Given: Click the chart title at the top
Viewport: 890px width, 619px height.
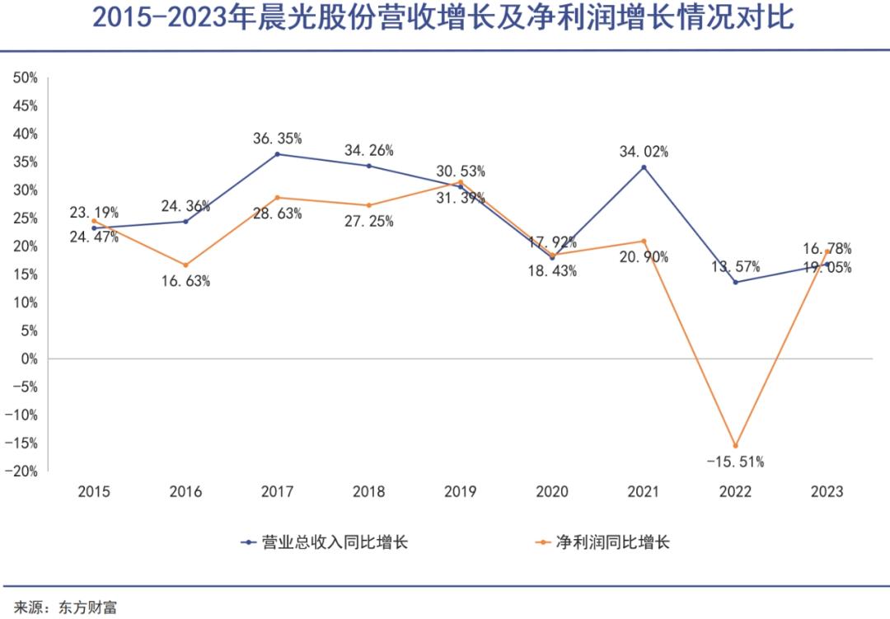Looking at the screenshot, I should pyautogui.click(x=443, y=18).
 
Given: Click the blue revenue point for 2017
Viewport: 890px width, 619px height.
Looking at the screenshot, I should pyautogui.click(x=277, y=154).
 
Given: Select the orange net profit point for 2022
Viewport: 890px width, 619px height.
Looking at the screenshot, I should pyautogui.click(x=735, y=446).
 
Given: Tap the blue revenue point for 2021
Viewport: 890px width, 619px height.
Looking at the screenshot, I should pyautogui.click(x=644, y=167).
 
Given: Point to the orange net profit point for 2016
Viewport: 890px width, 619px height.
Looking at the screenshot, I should pyautogui.click(x=185, y=265).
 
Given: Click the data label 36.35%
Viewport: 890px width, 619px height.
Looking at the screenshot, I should pyautogui.click(x=277, y=138).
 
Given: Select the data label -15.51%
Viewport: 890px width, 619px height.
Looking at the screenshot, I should pyautogui.click(x=735, y=462).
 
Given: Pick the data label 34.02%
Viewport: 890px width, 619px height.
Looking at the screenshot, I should pyautogui.click(x=644, y=152).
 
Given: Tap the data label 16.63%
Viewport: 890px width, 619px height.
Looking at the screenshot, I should pyautogui.click(x=185, y=281).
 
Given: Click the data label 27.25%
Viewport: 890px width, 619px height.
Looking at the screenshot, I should pyautogui.click(x=368, y=222).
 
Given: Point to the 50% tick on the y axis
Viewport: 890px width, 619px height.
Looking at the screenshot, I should pyautogui.click(x=25, y=77).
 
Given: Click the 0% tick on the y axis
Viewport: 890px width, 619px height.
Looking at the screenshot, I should pyautogui.click(x=28, y=359).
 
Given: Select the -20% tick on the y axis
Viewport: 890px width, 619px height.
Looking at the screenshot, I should pyautogui.click(x=23, y=471).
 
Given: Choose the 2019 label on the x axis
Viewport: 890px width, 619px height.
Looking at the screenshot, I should pyautogui.click(x=460, y=492).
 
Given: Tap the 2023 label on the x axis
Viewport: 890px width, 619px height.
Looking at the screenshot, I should pyautogui.click(x=827, y=492).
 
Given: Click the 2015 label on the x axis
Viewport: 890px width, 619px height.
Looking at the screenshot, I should pyautogui.click(x=94, y=492).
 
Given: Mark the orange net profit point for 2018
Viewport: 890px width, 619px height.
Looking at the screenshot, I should pyautogui.click(x=368, y=205).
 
